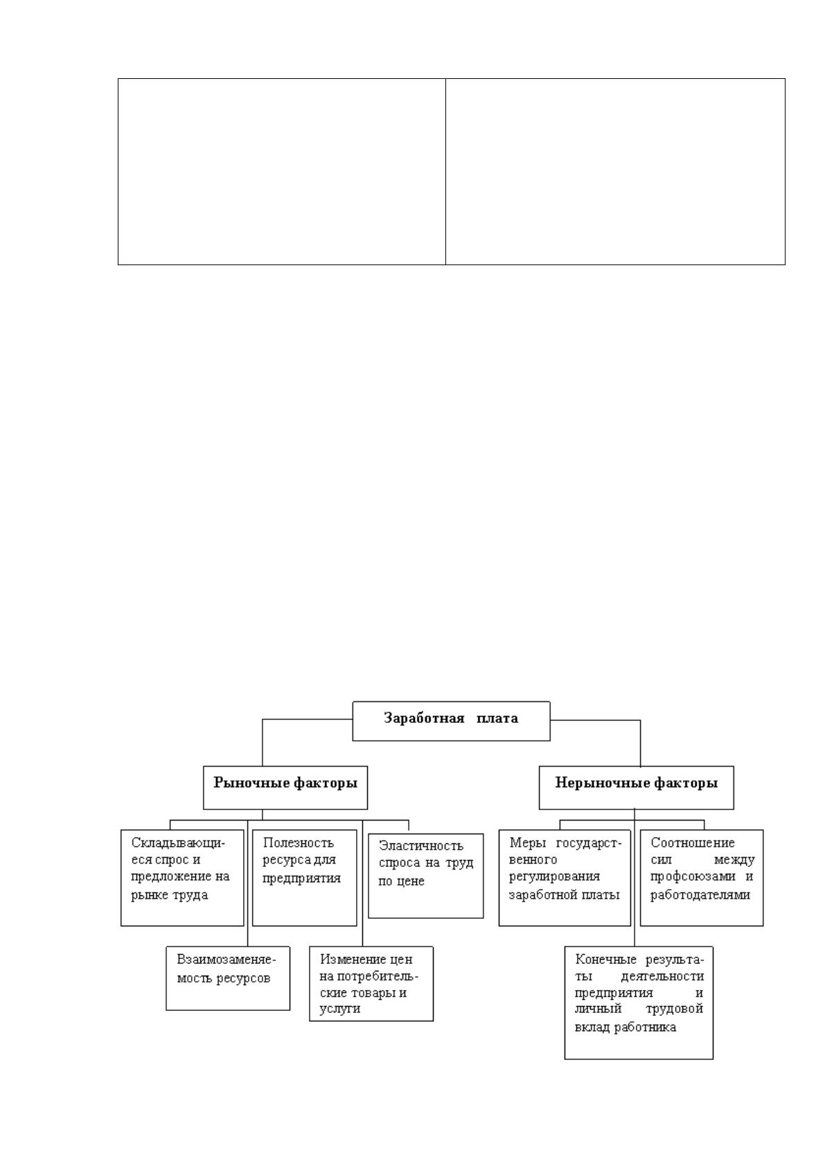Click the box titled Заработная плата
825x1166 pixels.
point(451,721)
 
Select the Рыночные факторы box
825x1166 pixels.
point(285,787)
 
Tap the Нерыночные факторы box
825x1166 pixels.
point(636,787)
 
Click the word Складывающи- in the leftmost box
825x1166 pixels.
point(178,843)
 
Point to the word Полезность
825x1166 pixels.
point(298,842)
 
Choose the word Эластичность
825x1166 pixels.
point(421,845)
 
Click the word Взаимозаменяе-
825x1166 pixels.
point(226,960)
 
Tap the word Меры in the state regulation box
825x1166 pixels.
point(527,842)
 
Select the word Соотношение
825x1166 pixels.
point(692,842)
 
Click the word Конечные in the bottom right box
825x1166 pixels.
point(605,959)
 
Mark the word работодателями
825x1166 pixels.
point(700,895)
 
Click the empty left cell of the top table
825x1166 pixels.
point(282,172)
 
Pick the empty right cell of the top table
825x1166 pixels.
point(616,172)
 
